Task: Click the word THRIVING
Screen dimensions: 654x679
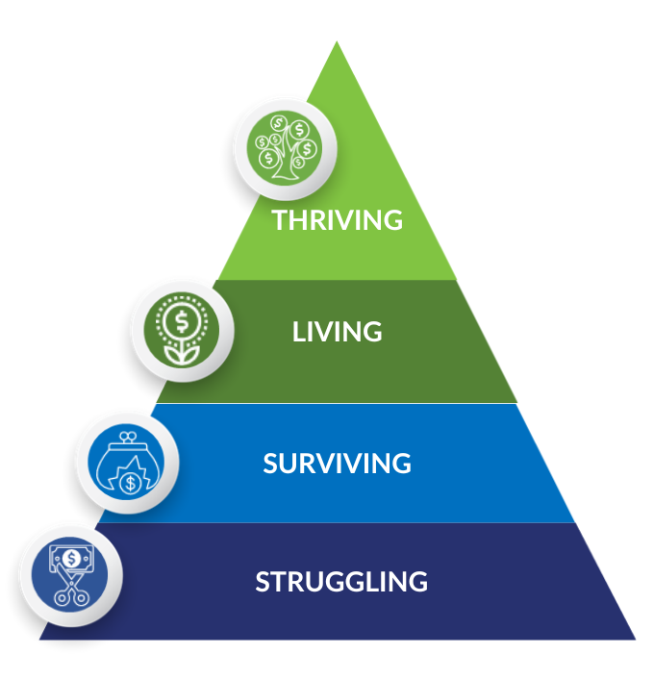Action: [338, 219]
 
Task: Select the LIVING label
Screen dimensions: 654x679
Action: [338, 332]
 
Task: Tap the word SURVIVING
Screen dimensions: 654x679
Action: [338, 464]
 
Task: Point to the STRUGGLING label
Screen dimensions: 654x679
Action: [341, 581]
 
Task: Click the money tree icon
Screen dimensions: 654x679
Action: [285, 148]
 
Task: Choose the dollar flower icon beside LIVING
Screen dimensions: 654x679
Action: [182, 329]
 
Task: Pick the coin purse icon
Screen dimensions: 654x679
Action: [126, 462]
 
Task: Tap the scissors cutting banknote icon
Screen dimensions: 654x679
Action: [70, 574]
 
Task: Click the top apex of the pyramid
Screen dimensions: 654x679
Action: [337, 41]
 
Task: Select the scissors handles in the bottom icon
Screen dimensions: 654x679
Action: [71, 596]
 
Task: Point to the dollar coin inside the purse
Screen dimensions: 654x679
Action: [130, 483]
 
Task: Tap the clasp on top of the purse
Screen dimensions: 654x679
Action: [128, 437]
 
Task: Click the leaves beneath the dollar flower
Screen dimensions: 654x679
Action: [182, 353]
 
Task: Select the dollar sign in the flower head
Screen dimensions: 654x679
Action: [182, 321]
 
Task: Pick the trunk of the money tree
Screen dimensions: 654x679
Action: [285, 163]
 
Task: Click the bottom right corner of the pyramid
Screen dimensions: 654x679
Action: [636, 640]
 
